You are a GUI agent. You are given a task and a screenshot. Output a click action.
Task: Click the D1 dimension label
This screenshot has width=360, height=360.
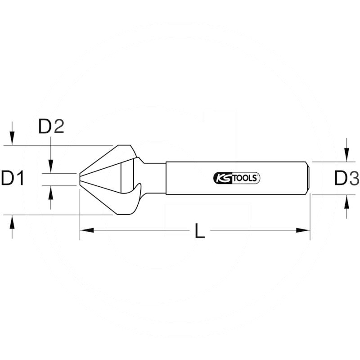pyautogui.click(x=13, y=179)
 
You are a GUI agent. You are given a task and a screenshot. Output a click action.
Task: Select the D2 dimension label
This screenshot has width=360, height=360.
pyautogui.click(x=51, y=127)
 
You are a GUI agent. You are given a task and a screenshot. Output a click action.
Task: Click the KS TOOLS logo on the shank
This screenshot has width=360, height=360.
pyautogui.click(x=236, y=178)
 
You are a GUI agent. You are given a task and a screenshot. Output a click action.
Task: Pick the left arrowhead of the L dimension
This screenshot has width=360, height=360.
pyautogui.click(x=86, y=230)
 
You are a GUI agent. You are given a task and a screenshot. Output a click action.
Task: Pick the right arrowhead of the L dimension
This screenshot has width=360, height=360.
pyautogui.click(x=304, y=230)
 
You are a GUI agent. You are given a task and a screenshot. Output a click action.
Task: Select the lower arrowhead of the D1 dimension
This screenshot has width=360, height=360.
pyautogui.click(x=12, y=221)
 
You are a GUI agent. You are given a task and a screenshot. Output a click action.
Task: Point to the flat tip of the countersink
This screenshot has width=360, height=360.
pyautogui.click(x=81, y=179)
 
